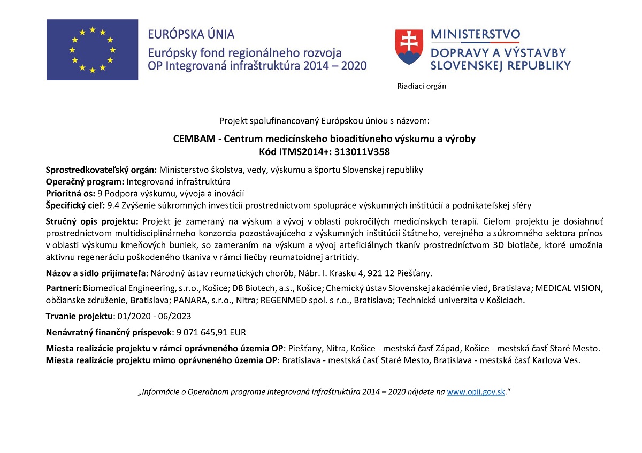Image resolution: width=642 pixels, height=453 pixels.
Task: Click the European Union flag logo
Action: (92, 50)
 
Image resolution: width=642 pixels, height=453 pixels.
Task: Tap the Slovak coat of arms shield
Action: (408, 47)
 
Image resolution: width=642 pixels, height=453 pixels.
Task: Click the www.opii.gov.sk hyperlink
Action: (476, 392)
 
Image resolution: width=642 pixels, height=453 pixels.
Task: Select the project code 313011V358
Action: (362, 151)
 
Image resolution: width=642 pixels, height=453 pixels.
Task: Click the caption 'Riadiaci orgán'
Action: (422, 86)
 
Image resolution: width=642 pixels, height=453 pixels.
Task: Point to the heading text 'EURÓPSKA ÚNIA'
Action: (191, 35)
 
